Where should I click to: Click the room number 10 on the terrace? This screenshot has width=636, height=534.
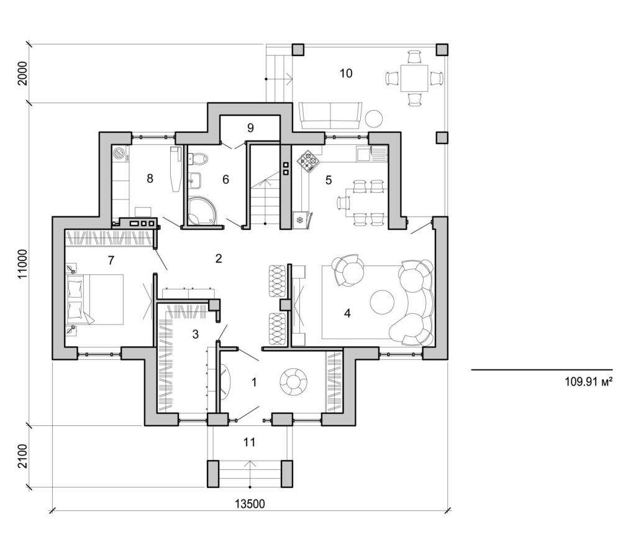coord(346,73)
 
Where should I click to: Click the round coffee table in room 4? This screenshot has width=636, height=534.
coord(381,303)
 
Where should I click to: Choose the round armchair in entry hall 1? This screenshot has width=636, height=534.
coord(293,381)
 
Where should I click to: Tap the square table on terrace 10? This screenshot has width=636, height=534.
coord(414,78)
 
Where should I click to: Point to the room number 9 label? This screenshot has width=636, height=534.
coord(250,128)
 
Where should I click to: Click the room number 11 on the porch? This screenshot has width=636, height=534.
coord(250,442)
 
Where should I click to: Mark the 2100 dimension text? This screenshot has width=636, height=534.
coord(24,457)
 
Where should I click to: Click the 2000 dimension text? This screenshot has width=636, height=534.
coord(24,73)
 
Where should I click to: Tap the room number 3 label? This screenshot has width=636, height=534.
coord(195,334)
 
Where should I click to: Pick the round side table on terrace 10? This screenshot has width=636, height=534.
coord(374,117)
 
